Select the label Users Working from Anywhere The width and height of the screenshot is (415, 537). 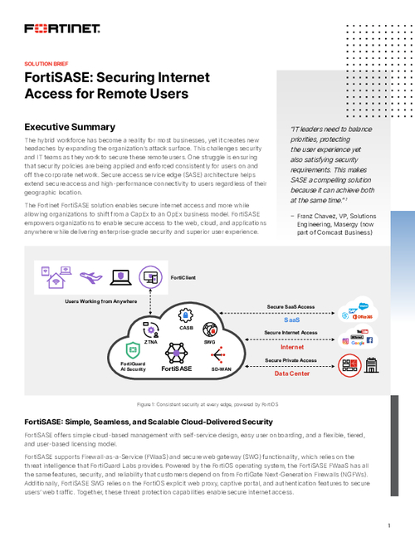pos(101,300)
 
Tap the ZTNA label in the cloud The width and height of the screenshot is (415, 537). pos(150,340)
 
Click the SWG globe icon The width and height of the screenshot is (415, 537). pos(209,330)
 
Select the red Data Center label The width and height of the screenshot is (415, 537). pos(292,373)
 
